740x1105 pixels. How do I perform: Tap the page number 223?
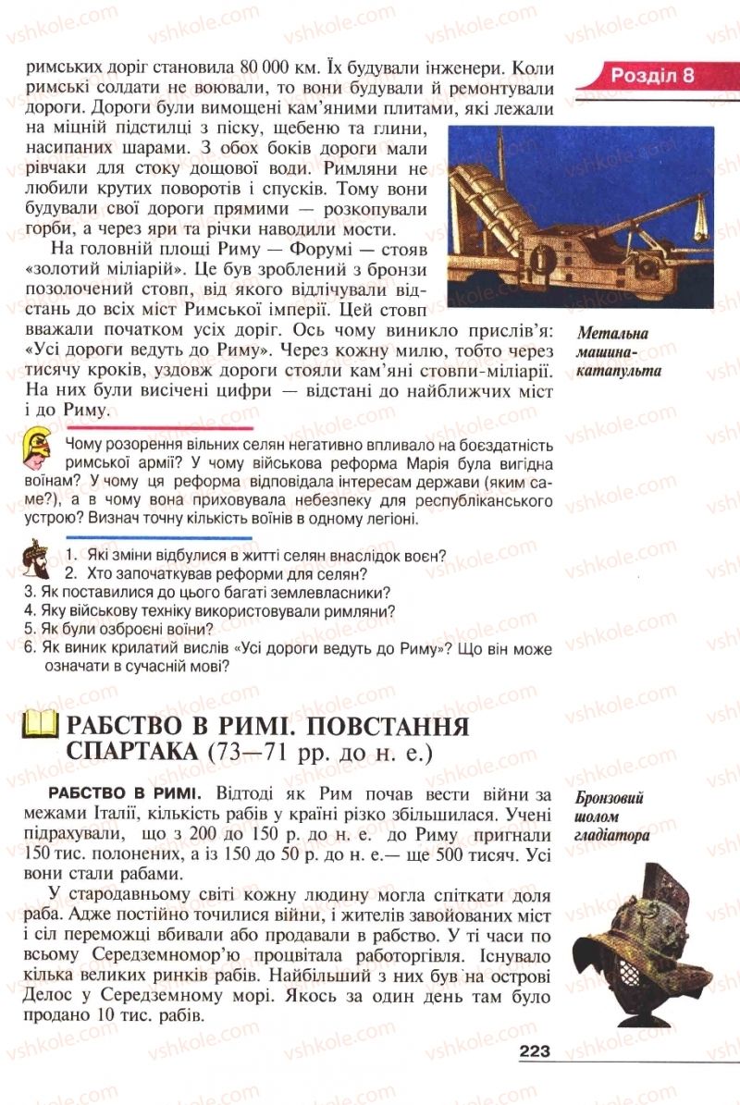point(535,1050)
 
